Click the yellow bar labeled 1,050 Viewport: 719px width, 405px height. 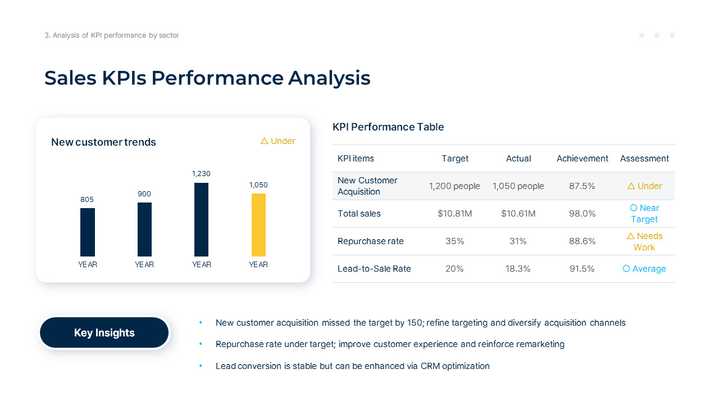[258, 225]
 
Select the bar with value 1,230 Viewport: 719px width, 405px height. [201, 219]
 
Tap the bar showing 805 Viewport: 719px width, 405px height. [88, 232]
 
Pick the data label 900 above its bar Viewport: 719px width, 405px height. [144, 194]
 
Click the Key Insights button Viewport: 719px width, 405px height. [104, 332]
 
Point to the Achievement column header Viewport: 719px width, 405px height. [582, 159]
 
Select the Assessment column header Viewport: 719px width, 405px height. [644, 159]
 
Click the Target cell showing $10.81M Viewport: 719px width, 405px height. [454, 214]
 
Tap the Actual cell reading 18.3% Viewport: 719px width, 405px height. [518, 269]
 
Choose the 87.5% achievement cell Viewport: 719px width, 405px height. [582, 186]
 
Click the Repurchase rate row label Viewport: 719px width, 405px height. [371, 241]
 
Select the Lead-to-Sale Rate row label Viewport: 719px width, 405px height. [374, 269]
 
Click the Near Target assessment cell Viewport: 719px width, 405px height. [644, 214]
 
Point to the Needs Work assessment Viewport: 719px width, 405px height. [644, 241]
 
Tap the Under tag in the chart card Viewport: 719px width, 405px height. [278, 141]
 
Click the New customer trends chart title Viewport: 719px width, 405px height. [103, 142]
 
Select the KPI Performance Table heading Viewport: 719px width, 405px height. [388, 127]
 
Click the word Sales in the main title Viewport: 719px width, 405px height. [70, 78]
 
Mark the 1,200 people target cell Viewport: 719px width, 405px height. [454, 186]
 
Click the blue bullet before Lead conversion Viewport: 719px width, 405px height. [201, 366]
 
